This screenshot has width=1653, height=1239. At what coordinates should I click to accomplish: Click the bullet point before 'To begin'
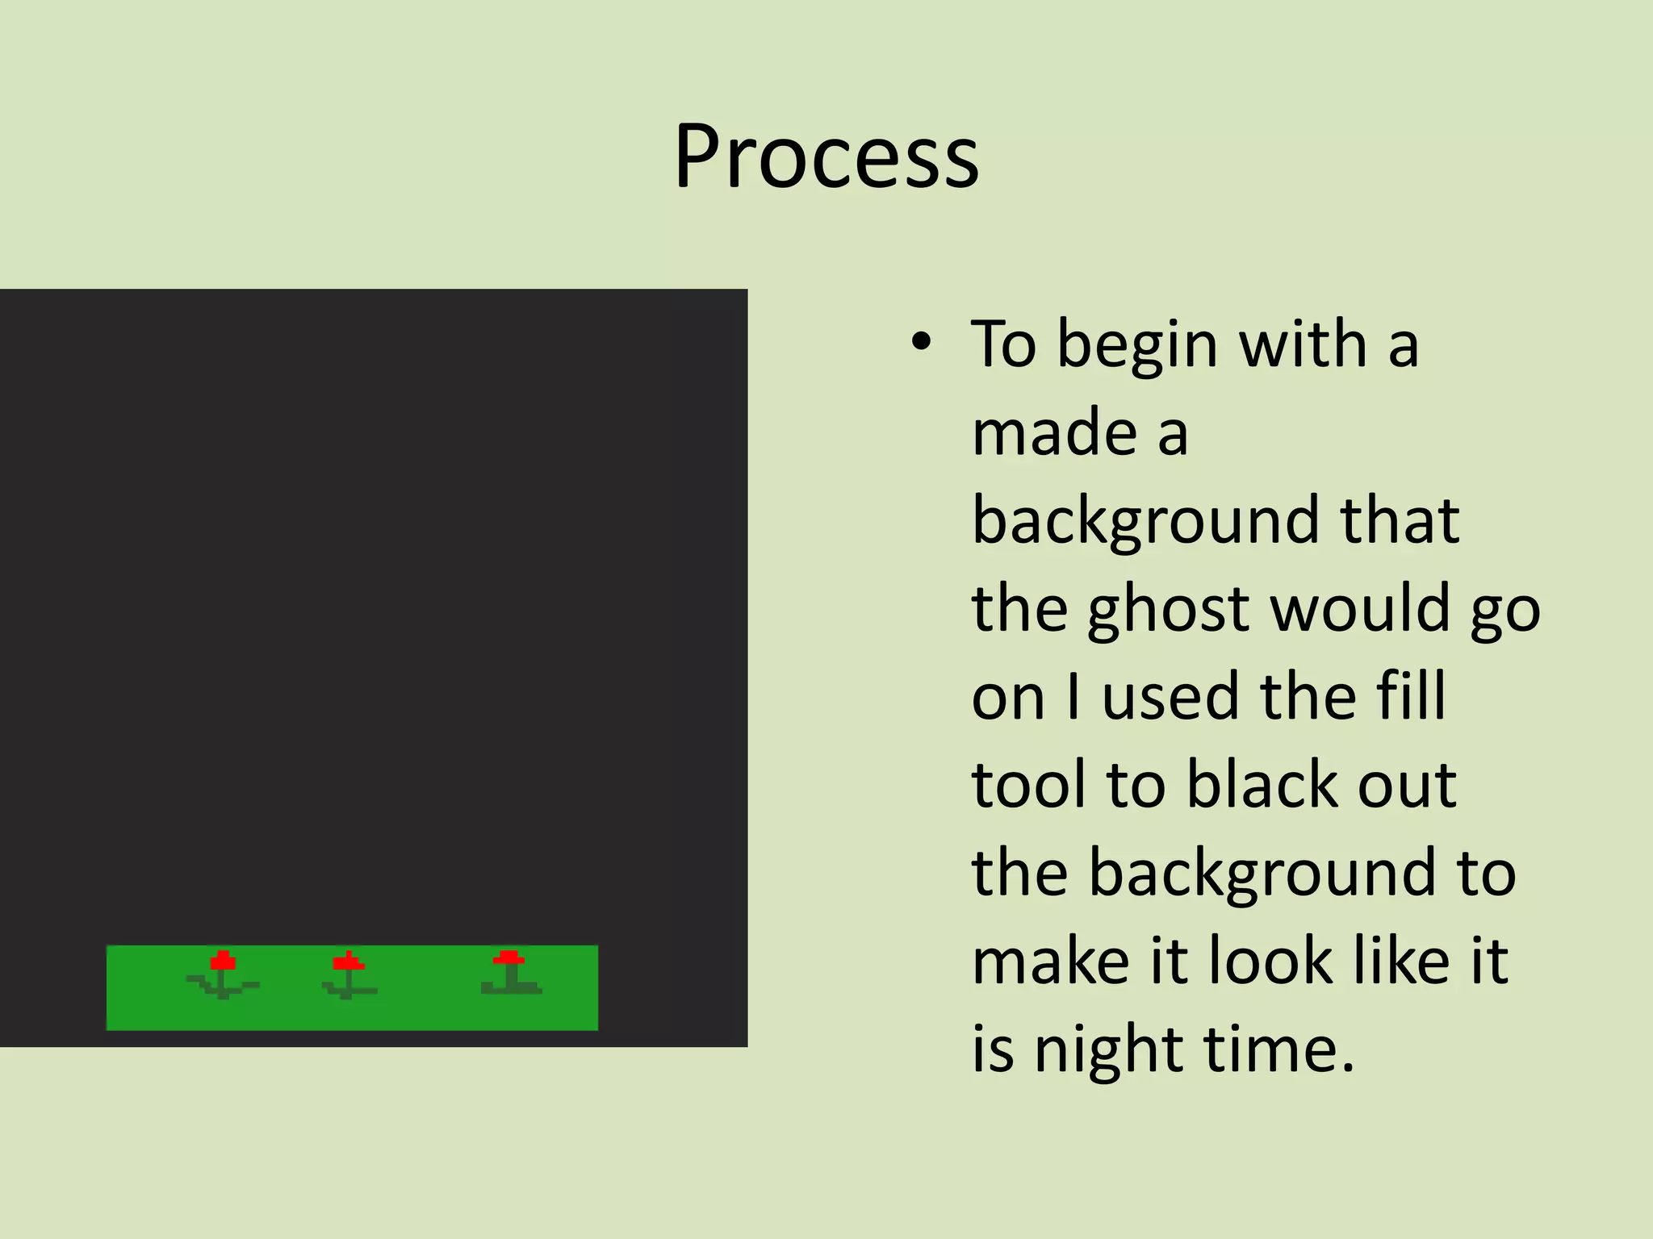pyautogui.click(x=921, y=344)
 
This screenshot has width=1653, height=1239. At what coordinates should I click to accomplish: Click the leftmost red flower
pyautogui.click(x=223, y=962)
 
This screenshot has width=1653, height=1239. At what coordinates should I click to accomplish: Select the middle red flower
pyautogui.click(x=348, y=962)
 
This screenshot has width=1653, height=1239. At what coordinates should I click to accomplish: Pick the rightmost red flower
pyautogui.click(x=508, y=958)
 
